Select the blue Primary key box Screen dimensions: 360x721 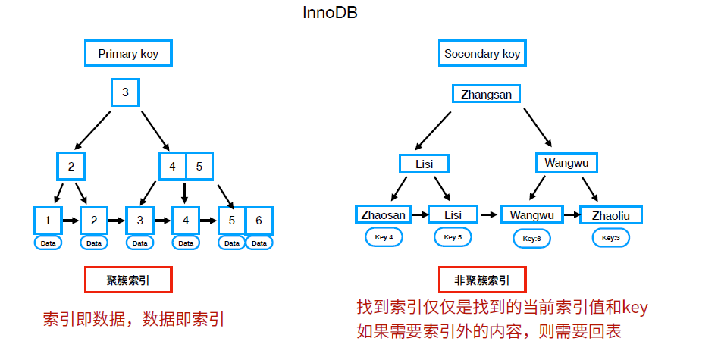pyautogui.click(x=128, y=54)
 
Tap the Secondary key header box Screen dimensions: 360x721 pyautogui.click(x=482, y=54)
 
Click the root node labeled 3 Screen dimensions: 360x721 pyautogui.click(x=125, y=93)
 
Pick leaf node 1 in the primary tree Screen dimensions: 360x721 pyautogui.click(x=48, y=221)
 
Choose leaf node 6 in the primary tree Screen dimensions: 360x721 pyautogui.click(x=259, y=221)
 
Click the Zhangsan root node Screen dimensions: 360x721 pyautogui.click(x=487, y=95)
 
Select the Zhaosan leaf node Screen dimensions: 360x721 pyautogui.click(x=384, y=214)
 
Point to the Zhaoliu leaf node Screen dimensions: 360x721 pyautogui.click(x=610, y=214)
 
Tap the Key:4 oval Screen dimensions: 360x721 pyautogui.click(x=384, y=237)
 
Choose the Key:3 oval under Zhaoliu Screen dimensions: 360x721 pyautogui.click(x=610, y=237)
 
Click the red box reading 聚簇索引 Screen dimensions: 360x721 pyautogui.click(x=128, y=280)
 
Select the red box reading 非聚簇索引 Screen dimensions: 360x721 pyautogui.click(x=482, y=280)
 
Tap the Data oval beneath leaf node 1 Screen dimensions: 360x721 pyautogui.click(x=49, y=243)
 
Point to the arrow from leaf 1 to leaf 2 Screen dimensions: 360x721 pyautogui.click(x=71, y=221)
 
